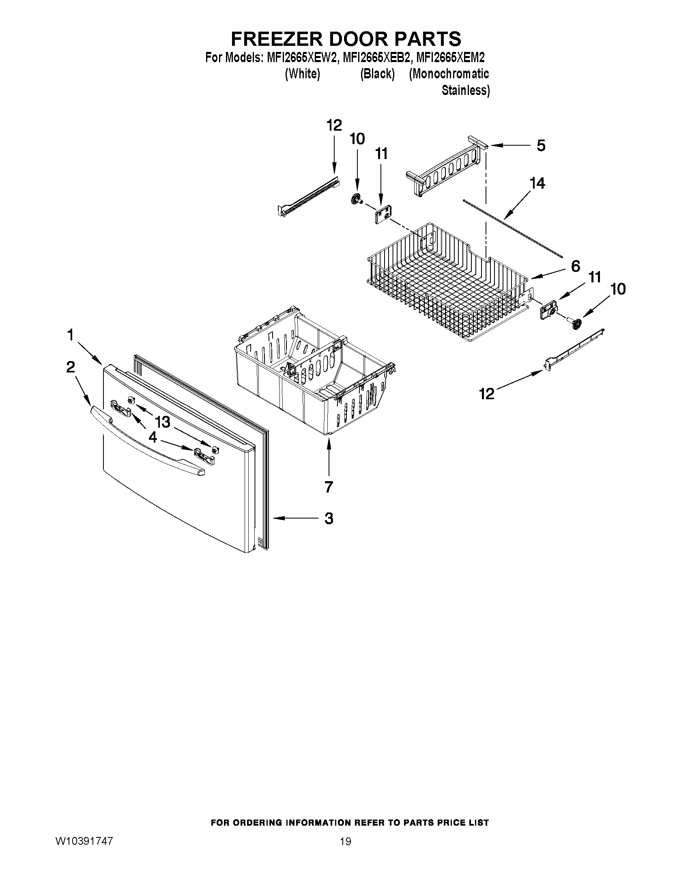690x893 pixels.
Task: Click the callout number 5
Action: tap(540, 146)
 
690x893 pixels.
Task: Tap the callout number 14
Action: tap(537, 183)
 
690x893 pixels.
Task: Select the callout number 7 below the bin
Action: tap(329, 486)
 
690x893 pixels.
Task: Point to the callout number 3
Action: tap(329, 519)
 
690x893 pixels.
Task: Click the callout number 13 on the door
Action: tap(163, 421)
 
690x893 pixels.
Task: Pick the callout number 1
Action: tap(70, 335)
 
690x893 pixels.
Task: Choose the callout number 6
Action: tap(575, 267)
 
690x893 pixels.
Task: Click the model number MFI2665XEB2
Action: tap(377, 58)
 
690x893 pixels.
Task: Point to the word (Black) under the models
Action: tap(377, 74)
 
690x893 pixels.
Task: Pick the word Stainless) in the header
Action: tap(466, 90)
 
